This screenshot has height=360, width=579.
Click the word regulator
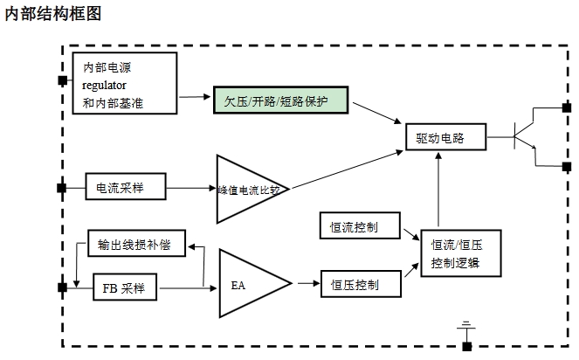point(105,86)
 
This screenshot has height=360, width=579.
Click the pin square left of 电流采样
point(62,188)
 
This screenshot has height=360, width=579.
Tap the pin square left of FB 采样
point(62,287)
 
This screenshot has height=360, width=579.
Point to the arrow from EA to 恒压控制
point(306,284)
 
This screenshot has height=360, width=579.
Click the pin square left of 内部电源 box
point(62,80)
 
